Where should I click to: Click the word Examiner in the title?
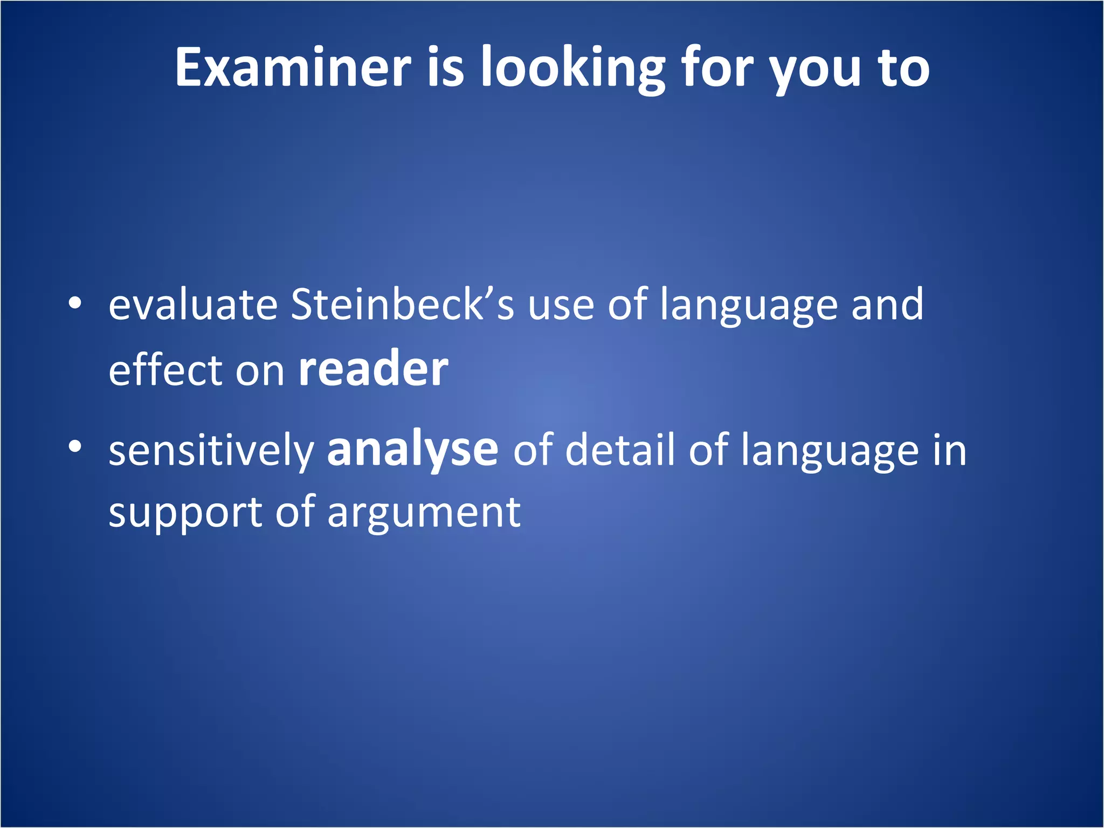293,67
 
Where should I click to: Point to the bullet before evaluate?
75,303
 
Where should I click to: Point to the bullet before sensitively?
75,446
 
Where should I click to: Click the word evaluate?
193,305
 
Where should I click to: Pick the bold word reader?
373,370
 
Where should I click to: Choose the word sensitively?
211,451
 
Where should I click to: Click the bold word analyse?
412,451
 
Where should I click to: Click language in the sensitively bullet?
829,451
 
